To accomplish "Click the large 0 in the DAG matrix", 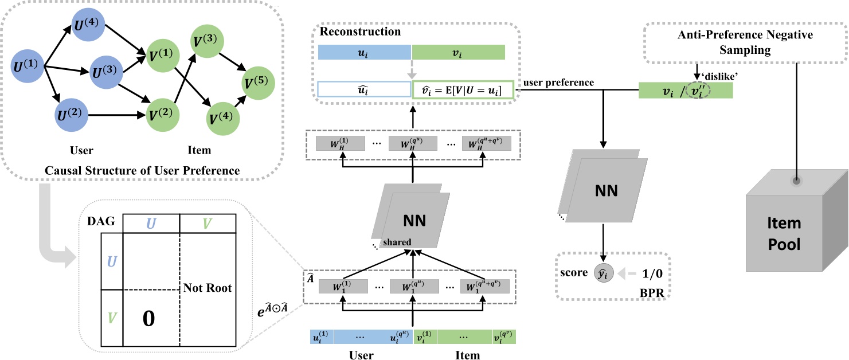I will pos(148,319).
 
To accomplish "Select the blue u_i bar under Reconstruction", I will pos(365,53).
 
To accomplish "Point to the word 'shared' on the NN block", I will pos(397,242).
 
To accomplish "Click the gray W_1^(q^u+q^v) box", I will pos(486,285).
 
